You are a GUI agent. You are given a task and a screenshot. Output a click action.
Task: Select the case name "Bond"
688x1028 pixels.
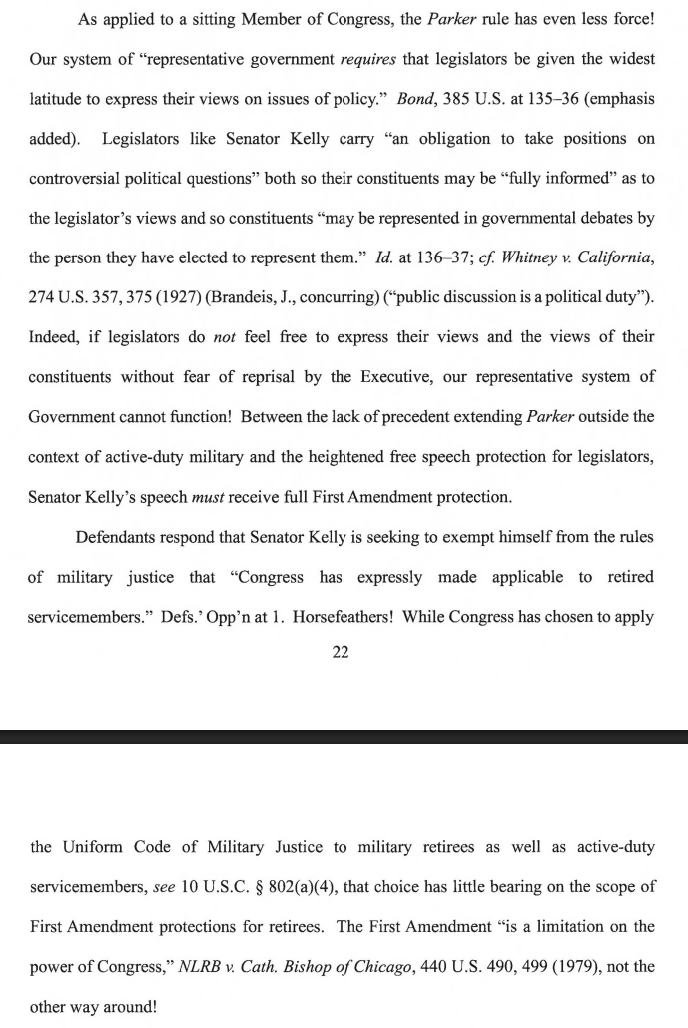pos(415,99)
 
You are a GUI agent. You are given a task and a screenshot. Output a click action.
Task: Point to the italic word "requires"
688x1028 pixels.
pos(368,59)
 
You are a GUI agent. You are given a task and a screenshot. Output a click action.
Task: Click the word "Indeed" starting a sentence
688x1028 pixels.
pos(55,336)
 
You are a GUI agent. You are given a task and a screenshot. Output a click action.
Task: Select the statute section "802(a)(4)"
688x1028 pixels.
pos(304,887)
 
